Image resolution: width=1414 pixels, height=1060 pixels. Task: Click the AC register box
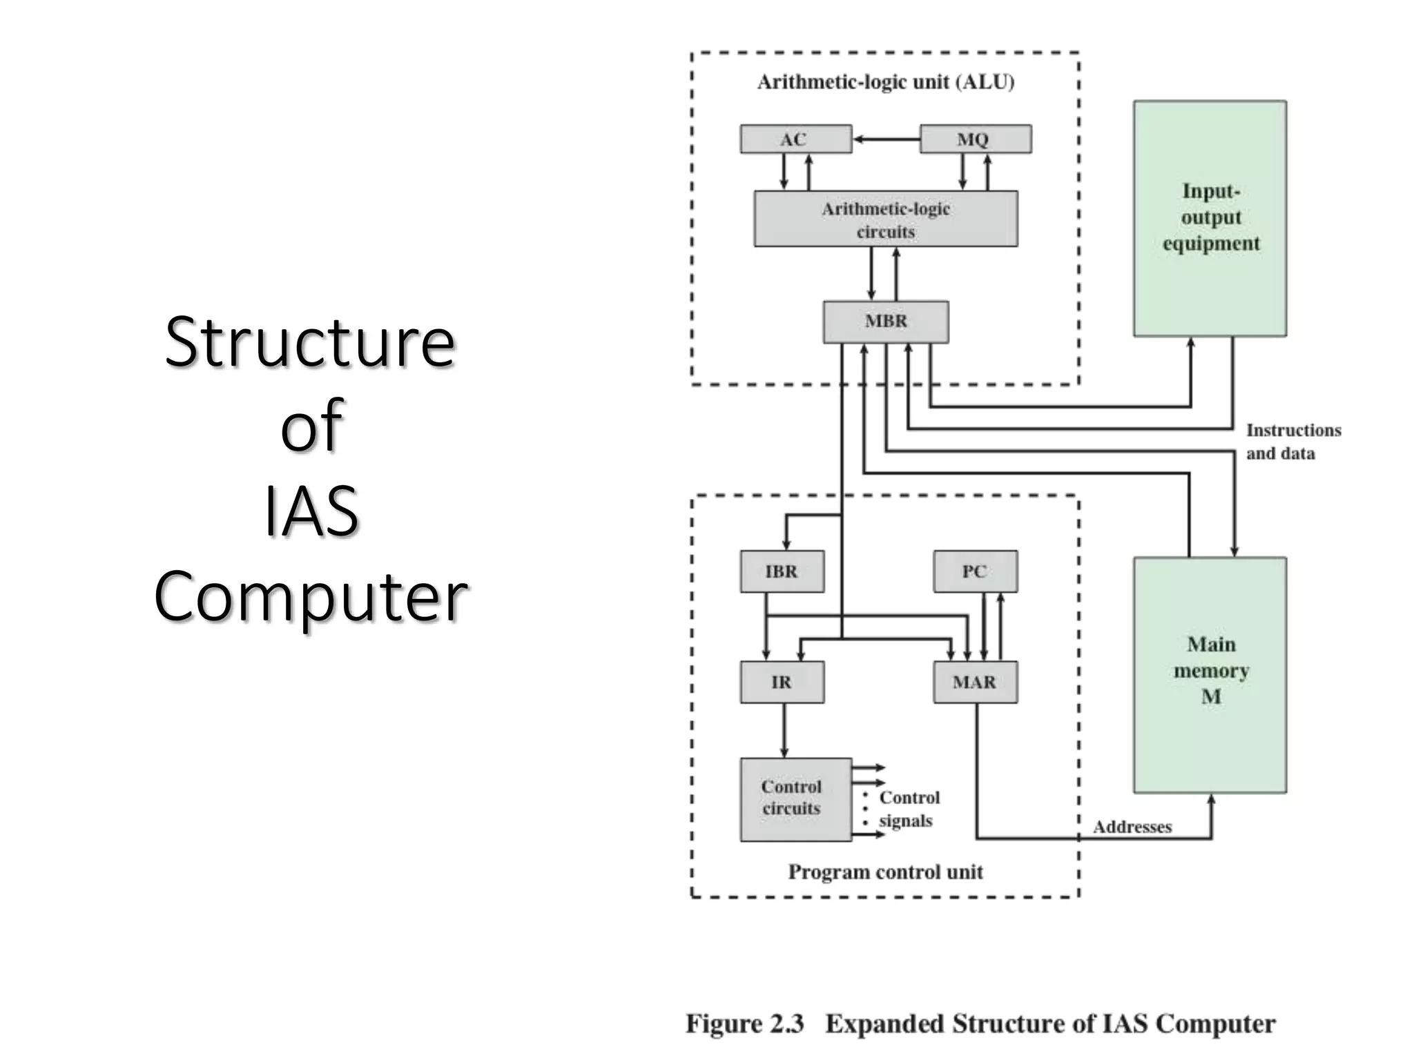(795, 139)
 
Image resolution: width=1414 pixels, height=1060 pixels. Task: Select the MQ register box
(976, 139)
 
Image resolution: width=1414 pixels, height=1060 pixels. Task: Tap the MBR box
(886, 322)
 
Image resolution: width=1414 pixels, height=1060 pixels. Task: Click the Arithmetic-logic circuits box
(886, 219)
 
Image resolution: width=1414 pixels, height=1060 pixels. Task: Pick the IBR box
(782, 571)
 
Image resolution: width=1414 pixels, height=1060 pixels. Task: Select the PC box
(975, 571)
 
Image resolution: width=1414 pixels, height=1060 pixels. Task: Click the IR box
(782, 683)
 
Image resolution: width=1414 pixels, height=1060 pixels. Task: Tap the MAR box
(975, 683)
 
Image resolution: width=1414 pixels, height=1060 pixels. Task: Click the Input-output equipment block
(1210, 218)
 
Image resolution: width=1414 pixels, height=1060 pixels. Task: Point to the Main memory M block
(1210, 675)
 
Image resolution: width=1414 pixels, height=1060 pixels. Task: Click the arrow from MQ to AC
(887, 139)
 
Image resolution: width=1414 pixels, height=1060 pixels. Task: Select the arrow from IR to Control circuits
(784, 730)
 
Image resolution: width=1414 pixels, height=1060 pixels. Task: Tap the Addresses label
(1132, 827)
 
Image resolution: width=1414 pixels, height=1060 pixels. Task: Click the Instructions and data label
(1292, 442)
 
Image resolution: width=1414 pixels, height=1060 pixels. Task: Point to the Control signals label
(909, 809)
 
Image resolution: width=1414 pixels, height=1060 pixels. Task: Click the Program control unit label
(885, 872)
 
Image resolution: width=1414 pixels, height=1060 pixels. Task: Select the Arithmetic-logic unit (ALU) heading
(886, 82)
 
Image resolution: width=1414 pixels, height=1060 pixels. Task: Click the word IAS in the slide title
(311, 511)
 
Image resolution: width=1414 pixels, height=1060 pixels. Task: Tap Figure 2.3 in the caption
(744, 1023)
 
